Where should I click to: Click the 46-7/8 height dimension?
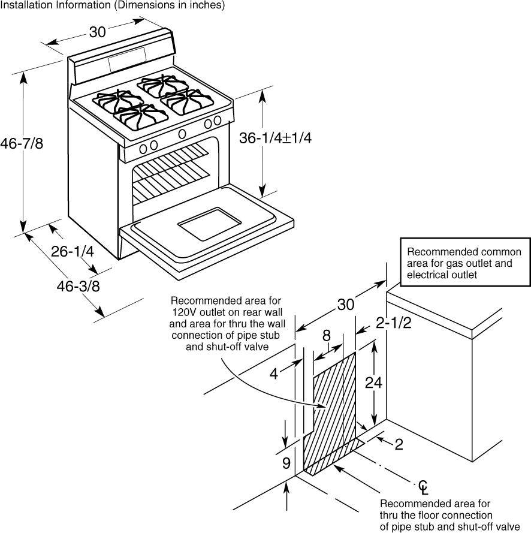(22, 143)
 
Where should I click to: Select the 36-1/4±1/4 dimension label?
(275, 138)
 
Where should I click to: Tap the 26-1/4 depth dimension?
(73, 252)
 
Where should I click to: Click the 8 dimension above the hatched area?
(327, 336)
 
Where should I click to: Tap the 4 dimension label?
(273, 374)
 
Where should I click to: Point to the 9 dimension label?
(286, 463)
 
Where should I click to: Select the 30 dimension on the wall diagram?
(345, 305)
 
